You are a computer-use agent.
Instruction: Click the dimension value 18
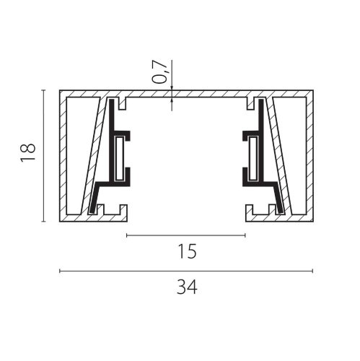tap(28, 153)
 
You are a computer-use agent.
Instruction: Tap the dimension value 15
tap(187, 251)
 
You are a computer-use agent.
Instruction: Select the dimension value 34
tap(187, 287)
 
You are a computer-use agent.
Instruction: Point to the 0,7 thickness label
tap(159, 72)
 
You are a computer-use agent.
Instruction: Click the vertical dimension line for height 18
tap(43, 155)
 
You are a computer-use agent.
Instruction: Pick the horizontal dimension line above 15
tap(186, 235)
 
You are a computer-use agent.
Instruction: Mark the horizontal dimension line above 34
tap(186, 271)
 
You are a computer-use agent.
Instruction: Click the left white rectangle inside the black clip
tap(120, 158)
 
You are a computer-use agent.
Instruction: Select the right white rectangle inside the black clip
tap(253, 158)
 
